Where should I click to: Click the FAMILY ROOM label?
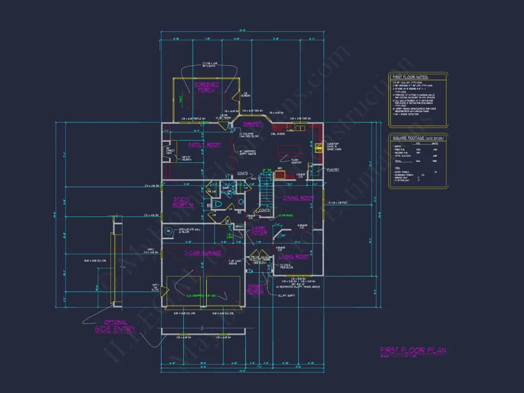[x=204, y=145]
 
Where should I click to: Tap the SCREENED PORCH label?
[x=206, y=87]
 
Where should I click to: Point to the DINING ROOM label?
[x=299, y=198]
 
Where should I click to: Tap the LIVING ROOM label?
[x=294, y=256]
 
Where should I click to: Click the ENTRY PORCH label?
[x=255, y=289]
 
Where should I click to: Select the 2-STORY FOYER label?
[x=259, y=231]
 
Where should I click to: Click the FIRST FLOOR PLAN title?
[x=413, y=351]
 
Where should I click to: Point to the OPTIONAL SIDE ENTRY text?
[x=115, y=326]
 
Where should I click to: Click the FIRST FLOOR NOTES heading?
[x=410, y=77]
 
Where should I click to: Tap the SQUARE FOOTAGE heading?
[x=417, y=138]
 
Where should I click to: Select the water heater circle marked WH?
[x=168, y=232]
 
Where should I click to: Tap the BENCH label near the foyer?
[x=239, y=226]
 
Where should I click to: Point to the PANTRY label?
[x=333, y=170]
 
